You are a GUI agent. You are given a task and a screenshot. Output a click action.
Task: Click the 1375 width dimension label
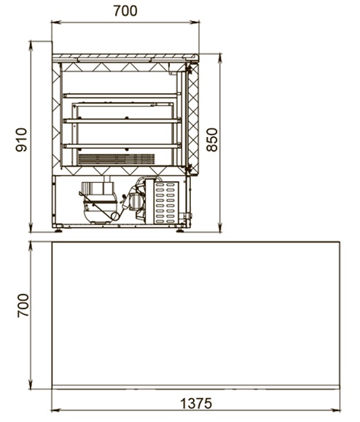(196, 403)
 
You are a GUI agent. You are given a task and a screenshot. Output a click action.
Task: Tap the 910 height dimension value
(22, 140)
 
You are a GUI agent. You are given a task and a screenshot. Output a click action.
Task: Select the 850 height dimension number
(212, 140)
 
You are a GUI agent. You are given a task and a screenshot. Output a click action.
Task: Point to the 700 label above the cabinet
(125, 11)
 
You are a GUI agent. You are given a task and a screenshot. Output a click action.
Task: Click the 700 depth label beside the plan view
(23, 305)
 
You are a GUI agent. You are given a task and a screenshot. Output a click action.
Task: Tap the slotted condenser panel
(166, 203)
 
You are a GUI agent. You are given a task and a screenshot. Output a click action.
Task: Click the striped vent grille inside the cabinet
(116, 160)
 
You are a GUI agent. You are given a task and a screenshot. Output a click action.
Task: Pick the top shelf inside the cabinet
(122, 95)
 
